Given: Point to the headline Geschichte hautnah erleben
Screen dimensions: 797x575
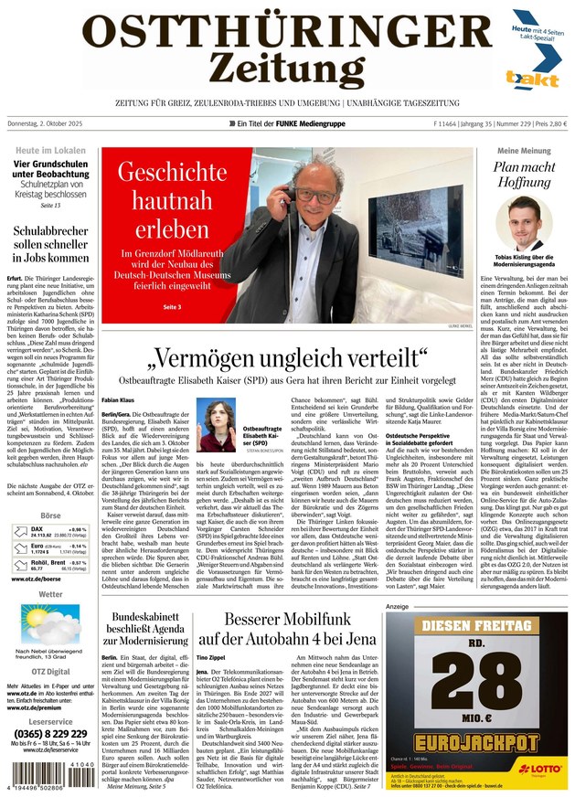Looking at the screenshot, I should tap(171, 201).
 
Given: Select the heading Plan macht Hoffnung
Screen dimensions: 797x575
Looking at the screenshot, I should tap(524, 175).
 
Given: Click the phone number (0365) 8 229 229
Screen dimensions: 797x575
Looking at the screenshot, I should tap(51, 734).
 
